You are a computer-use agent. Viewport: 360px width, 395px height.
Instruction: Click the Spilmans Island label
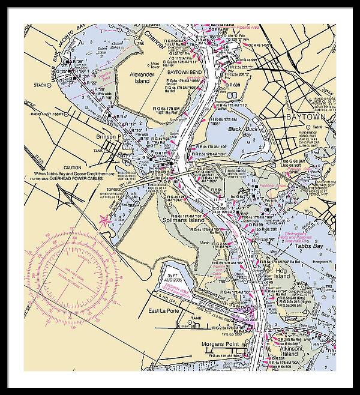tap(182, 221)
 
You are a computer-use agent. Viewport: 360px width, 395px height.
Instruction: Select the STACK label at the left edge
tap(41, 85)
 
